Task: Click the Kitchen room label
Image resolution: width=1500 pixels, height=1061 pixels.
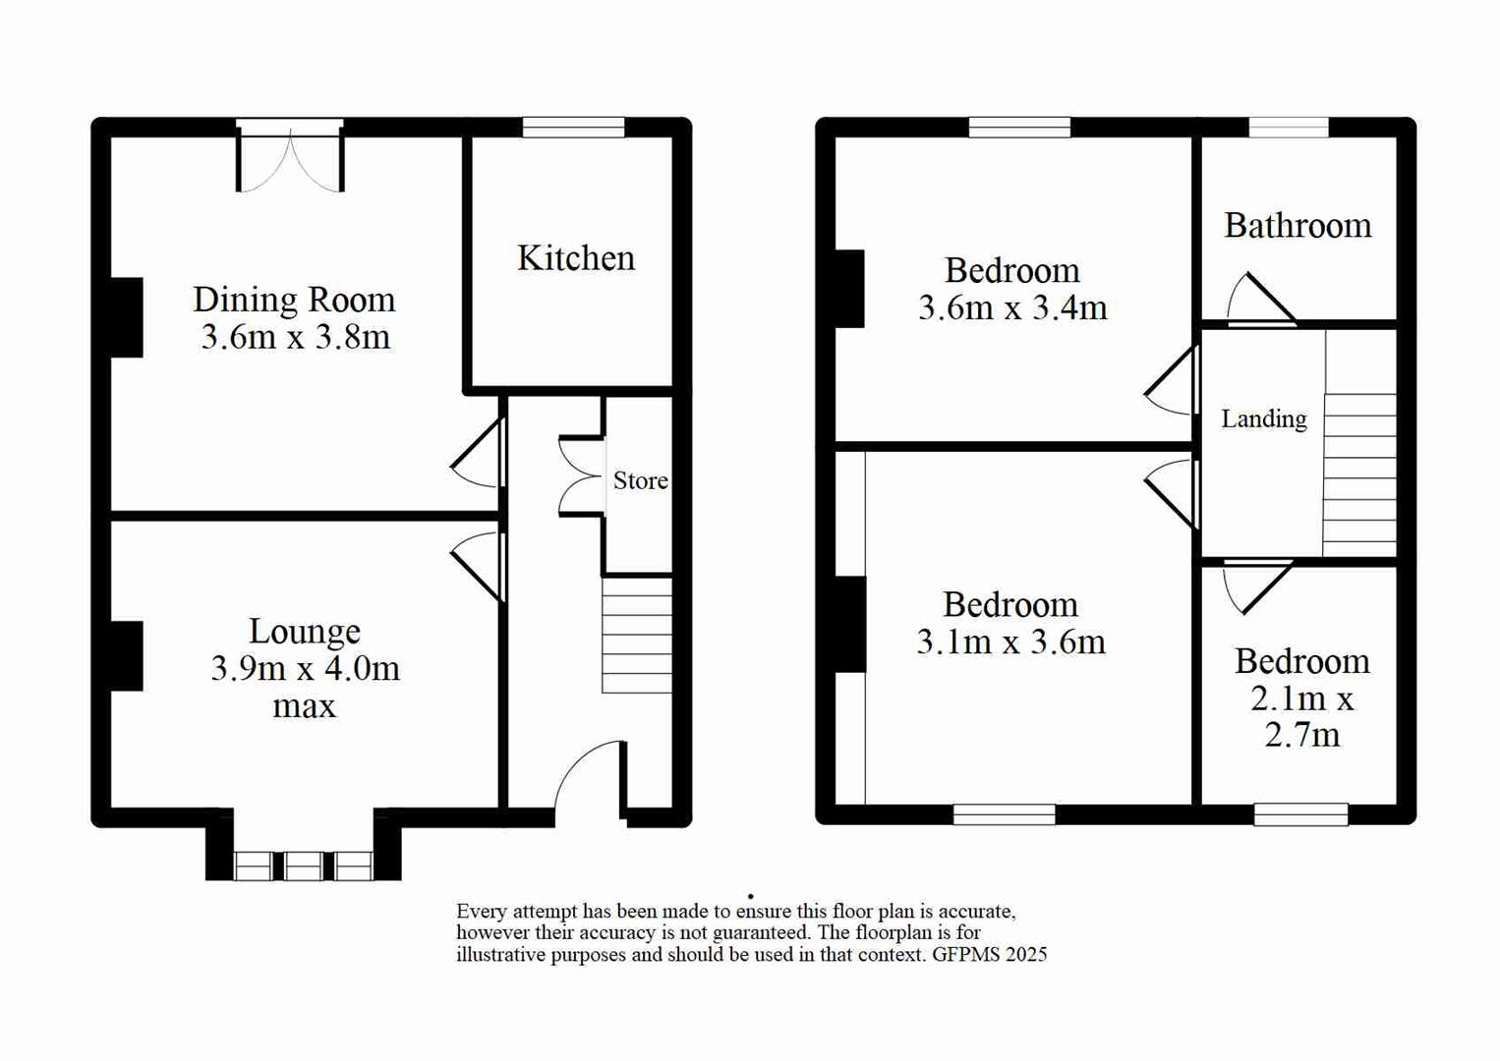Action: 576,258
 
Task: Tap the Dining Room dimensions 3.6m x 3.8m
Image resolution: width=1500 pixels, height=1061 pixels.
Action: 296,337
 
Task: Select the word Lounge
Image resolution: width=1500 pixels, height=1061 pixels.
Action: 305,631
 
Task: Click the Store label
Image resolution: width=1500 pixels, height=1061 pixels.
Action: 640,480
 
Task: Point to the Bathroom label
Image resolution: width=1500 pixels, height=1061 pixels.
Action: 1298,226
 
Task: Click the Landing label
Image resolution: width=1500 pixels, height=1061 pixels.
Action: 1263,419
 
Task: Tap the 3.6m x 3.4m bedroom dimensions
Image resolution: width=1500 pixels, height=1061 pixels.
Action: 1012,308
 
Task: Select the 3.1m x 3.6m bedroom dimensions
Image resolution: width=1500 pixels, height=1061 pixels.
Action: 1010,642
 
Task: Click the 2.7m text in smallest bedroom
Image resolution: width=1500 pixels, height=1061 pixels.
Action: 1301,735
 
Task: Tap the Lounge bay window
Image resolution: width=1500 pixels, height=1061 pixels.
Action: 303,866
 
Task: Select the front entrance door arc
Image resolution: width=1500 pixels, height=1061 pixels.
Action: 588,776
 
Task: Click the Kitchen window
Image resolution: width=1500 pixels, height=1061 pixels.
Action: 573,127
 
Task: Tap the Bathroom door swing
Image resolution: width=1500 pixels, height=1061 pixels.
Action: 1258,299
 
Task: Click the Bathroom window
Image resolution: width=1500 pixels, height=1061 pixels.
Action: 1289,127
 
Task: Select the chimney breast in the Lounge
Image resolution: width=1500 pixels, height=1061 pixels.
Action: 126,655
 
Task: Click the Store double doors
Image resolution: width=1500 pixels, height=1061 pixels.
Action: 580,476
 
